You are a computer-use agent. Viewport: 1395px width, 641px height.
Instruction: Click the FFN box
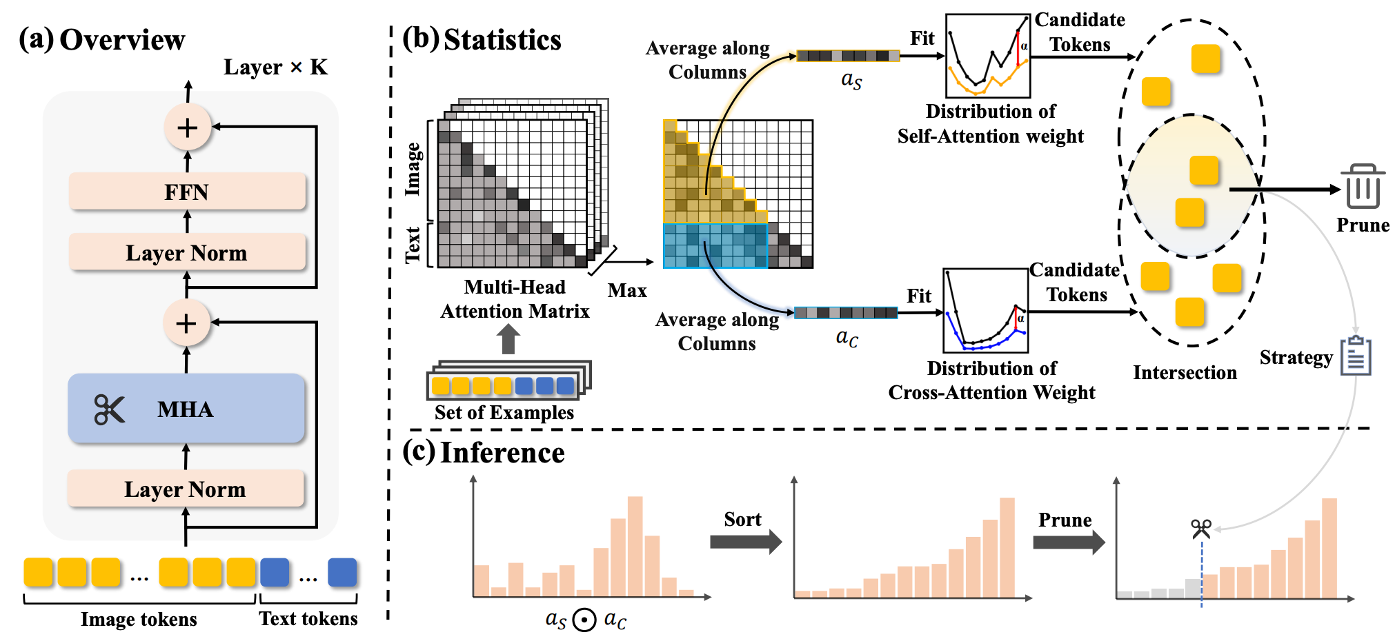coord(187,192)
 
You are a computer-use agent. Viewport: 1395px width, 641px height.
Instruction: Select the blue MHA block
coord(186,409)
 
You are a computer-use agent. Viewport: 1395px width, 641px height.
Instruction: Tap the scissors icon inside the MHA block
coord(109,409)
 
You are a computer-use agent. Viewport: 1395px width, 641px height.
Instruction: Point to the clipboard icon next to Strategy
coord(1356,356)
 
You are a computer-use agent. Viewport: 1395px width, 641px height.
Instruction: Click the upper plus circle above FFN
coord(187,128)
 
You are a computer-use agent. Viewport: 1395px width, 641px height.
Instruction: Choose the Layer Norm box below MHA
coord(186,489)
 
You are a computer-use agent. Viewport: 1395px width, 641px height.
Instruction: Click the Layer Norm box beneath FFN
coord(187,252)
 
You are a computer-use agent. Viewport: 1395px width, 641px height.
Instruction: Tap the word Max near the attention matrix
coord(627,290)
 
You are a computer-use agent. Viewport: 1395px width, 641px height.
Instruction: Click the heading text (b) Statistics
coord(482,39)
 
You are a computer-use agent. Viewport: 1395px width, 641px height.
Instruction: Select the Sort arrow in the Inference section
coord(745,541)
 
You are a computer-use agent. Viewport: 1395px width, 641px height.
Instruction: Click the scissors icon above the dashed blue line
coord(1201,529)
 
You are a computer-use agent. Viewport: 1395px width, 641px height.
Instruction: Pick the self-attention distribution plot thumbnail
coord(987,57)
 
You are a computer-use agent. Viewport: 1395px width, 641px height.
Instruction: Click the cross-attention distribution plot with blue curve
coord(985,310)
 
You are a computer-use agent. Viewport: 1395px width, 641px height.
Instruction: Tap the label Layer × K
coord(275,67)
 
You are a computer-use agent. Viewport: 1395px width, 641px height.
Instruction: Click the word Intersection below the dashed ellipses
coord(1185,372)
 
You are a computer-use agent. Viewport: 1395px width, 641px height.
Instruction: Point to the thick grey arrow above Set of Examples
coord(508,339)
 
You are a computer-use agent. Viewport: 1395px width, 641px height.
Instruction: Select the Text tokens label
coord(308,618)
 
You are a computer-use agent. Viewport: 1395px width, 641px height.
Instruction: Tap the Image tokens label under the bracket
coord(139,619)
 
